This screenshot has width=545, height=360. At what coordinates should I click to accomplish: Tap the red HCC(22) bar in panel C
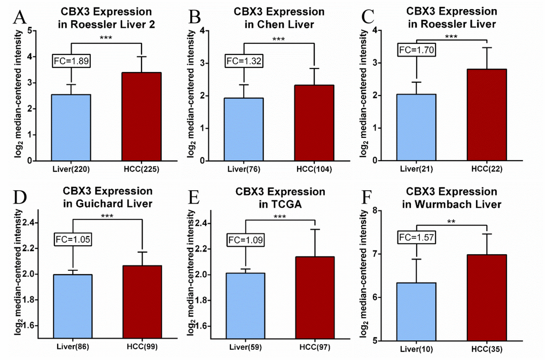(x=486, y=115)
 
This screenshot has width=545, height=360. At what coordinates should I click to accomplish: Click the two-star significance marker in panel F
(x=451, y=222)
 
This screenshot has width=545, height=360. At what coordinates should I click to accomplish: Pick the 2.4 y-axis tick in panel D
(x=27, y=223)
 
